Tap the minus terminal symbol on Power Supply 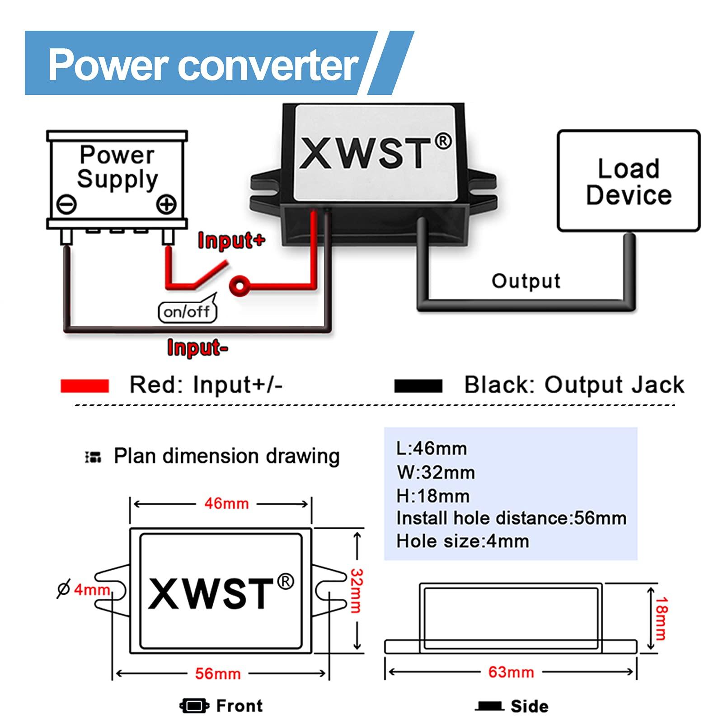66,204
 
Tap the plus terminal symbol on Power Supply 166,204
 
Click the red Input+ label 231,240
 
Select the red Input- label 197,347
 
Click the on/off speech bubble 187,311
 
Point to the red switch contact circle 239,286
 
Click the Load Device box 628,181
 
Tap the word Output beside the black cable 526,281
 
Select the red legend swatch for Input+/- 85,386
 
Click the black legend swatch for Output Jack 418,386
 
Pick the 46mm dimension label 226,503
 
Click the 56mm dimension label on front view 218,674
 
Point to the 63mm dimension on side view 511,672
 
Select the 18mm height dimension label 661,618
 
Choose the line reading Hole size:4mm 462,541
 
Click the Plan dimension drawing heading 226,456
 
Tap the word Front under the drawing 239,705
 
